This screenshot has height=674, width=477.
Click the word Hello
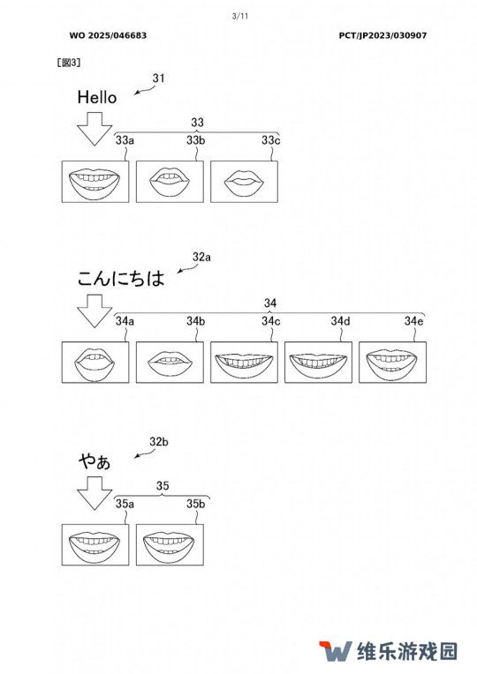[x=97, y=97]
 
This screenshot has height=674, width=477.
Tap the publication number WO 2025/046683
[x=108, y=35]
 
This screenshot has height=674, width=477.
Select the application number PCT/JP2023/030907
[x=382, y=35]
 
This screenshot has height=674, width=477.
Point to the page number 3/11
[x=240, y=17]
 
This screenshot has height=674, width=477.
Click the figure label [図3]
[x=69, y=63]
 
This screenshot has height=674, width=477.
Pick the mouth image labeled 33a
[x=95, y=182]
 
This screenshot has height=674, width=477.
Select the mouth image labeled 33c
[x=244, y=182]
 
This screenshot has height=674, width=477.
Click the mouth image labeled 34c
[x=244, y=363]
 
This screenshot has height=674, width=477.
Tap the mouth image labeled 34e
[x=392, y=363]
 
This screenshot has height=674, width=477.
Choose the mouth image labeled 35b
[x=170, y=544]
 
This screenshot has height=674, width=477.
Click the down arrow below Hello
[x=95, y=129]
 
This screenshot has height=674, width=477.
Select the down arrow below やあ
[x=95, y=493]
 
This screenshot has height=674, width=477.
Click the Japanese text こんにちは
[x=121, y=278]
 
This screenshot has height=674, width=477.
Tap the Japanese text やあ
[x=95, y=461]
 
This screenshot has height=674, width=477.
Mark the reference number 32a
[x=201, y=257]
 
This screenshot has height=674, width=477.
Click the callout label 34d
[x=340, y=320]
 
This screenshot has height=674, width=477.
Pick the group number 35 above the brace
[x=163, y=486]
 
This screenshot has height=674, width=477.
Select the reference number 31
[x=158, y=79]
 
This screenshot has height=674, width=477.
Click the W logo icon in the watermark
[x=335, y=651]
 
